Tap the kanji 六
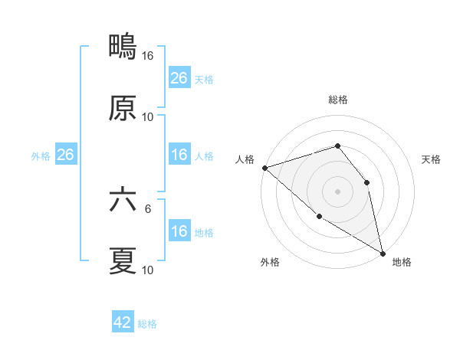click(123, 201)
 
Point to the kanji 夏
click(123, 261)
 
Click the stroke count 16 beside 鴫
click(148, 56)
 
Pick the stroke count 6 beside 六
click(148, 208)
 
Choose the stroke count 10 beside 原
click(148, 116)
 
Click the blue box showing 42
click(123, 322)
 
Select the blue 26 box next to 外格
click(65, 155)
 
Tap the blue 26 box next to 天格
click(179, 78)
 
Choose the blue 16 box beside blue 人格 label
click(179, 155)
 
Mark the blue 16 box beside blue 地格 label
click(179, 231)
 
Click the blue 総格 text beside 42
click(147, 324)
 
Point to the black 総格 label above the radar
click(337, 100)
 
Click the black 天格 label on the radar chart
click(432, 159)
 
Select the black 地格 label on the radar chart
click(402, 263)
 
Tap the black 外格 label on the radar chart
click(270, 263)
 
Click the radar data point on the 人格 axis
click(264, 168)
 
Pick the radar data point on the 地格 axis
click(383, 253)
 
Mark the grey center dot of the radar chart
click(337, 191)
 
